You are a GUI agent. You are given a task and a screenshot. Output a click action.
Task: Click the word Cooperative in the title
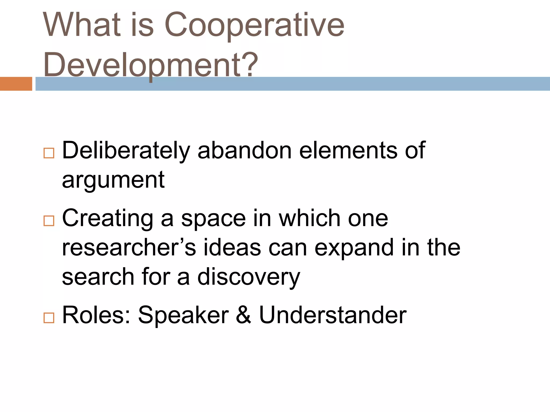coord(254,25)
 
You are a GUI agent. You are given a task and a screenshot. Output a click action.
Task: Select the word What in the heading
coord(82,25)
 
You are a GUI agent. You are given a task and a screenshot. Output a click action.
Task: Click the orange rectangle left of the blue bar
coord(16,84)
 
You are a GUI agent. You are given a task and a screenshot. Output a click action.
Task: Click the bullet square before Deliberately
coord(49,153)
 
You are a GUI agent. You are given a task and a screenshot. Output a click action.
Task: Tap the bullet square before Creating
coord(49,221)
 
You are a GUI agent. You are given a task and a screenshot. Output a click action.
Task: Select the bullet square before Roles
coord(49,318)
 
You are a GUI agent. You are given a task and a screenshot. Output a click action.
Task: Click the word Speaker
coord(183,315)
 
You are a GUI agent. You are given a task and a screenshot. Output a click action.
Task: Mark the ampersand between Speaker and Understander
coord(244,315)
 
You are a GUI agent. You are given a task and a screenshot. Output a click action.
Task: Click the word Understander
coord(332,315)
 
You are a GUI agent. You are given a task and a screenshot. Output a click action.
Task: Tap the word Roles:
coord(96,315)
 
